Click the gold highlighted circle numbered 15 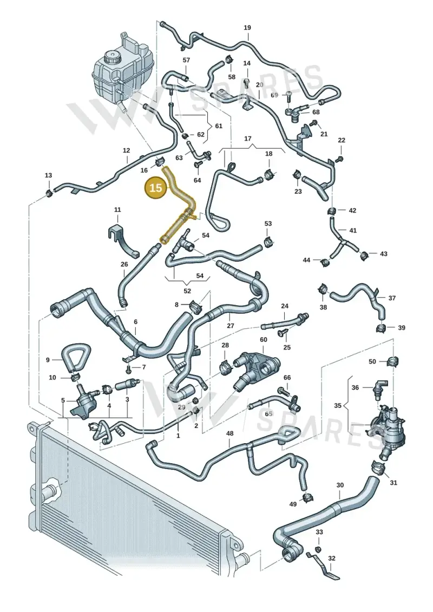[155, 188]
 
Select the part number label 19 [247, 28]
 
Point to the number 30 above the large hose [340, 485]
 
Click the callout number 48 [229, 433]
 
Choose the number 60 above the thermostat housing [264, 340]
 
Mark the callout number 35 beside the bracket [338, 405]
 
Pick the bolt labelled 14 [247, 81]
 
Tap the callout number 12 [126, 150]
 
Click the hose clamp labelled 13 [48, 192]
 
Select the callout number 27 [231, 326]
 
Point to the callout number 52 [187, 291]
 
